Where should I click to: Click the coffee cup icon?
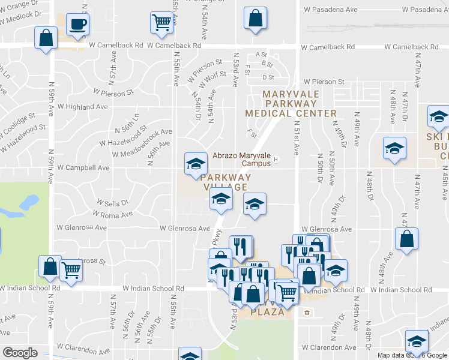77,25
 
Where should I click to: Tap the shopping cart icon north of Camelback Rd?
161,23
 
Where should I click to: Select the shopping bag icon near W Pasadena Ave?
255,18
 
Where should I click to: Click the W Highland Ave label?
83,107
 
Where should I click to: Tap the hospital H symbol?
276,159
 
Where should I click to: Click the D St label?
268,77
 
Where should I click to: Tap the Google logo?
20,353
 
